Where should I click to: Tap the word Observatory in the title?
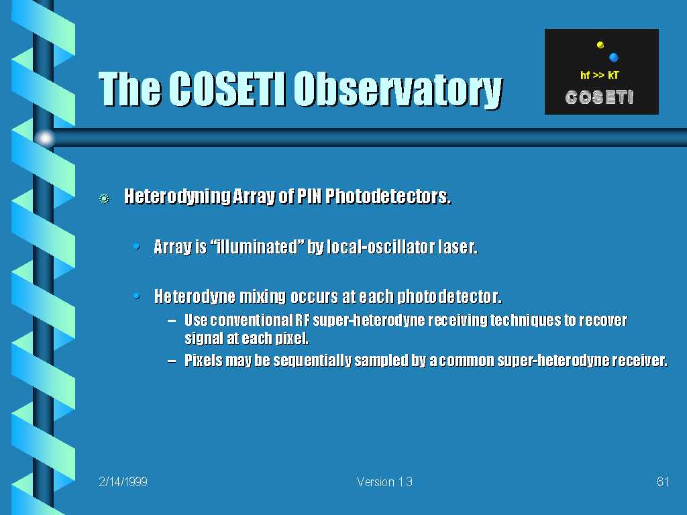(398, 91)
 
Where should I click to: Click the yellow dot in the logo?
(600, 45)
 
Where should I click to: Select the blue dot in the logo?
(613, 57)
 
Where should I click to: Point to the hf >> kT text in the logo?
(599, 75)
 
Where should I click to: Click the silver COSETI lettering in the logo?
(599, 97)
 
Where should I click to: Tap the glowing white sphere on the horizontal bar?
(45, 138)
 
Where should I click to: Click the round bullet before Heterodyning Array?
(104, 198)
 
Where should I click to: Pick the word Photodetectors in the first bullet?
(388, 196)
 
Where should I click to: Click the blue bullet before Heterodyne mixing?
(137, 296)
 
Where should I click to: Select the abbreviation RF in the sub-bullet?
(303, 320)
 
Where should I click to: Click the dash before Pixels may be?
(172, 361)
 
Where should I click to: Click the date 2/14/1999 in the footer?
(123, 481)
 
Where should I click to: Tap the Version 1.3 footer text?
(384, 481)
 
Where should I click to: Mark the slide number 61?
(663, 481)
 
